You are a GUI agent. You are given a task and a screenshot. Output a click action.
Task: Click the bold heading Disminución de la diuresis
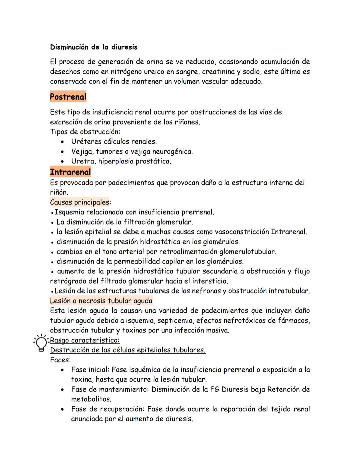(94, 47)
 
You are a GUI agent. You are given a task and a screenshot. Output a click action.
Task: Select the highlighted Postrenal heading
(68, 97)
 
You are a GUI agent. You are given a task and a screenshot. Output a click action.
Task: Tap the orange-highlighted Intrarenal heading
(70, 172)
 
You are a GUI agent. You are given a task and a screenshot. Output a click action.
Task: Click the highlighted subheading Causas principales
(80, 202)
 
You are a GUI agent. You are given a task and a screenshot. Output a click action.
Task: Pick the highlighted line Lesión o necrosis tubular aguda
(101, 301)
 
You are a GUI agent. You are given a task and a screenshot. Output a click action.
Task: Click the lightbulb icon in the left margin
(41, 343)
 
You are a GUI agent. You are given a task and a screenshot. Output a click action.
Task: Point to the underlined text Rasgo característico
(85, 340)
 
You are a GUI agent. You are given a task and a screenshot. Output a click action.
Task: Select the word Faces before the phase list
(60, 360)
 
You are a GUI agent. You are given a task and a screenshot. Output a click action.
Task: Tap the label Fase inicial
(90, 370)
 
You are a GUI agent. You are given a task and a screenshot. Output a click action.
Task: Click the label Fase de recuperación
(108, 409)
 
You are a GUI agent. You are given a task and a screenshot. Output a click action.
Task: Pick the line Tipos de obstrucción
(85, 132)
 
